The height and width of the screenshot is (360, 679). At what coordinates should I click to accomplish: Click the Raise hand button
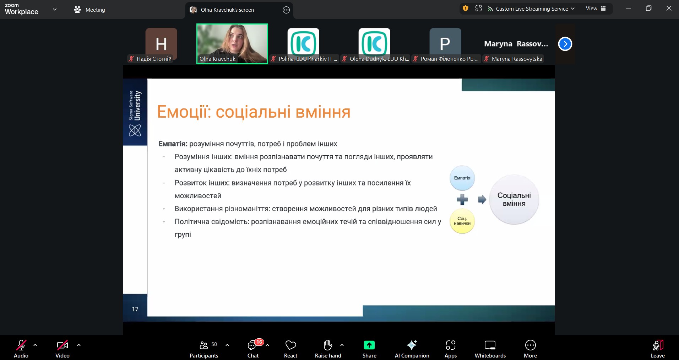coord(328,349)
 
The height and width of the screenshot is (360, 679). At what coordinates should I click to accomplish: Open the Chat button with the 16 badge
coord(253,349)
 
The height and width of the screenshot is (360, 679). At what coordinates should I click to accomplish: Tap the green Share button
coord(369,349)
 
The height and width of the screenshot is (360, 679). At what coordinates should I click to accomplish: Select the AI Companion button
coord(412,349)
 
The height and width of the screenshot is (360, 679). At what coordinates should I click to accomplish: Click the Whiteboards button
coord(490,349)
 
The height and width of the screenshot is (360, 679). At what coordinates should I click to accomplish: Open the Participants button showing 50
coord(204,349)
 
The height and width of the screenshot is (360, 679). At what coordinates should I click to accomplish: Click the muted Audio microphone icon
coord(21,345)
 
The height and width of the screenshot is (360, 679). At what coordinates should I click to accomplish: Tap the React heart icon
coord(290,345)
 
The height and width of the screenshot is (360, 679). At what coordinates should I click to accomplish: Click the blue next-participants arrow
coord(565,44)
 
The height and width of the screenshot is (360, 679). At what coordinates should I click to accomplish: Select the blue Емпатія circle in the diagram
coord(462,178)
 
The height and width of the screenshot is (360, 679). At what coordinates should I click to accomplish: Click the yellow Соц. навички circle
coord(462,221)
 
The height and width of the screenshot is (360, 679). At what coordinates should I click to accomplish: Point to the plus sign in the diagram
coord(462,199)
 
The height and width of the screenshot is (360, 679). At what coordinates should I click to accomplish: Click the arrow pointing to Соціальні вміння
coord(482,199)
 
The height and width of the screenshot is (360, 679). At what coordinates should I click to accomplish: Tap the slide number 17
coord(135,309)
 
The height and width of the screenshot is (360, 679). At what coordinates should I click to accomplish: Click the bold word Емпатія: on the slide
coord(173,144)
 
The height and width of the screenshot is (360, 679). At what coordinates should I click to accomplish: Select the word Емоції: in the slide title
coord(184,112)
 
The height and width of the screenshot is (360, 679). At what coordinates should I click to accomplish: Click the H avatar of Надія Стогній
coord(161,44)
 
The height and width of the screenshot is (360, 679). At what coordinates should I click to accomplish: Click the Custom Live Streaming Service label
coord(532,9)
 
